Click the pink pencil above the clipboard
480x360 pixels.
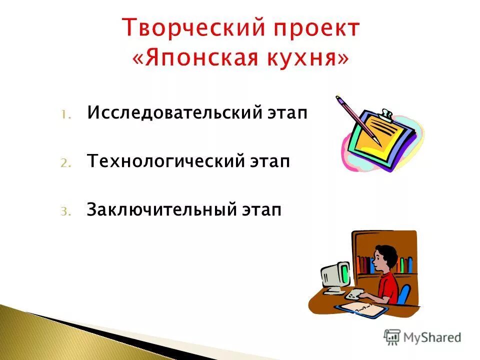356,118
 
